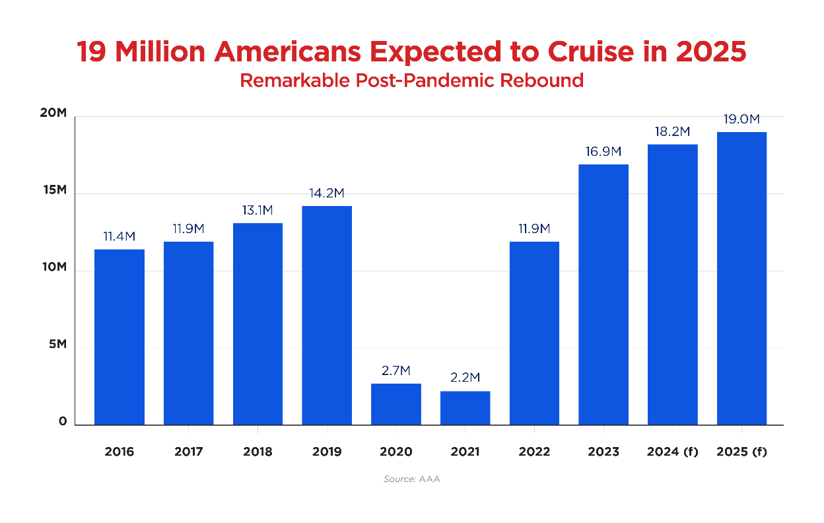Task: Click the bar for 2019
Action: point(327,315)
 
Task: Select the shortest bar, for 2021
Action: point(465,407)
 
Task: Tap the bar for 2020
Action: point(396,403)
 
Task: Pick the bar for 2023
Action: point(603,295)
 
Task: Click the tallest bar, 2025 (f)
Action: point(741,278)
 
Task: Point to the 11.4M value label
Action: point(120,237)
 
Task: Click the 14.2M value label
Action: point(327,193)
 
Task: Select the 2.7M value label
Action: point(396,371)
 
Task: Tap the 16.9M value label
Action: point(603,152)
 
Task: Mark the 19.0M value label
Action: point(741,120)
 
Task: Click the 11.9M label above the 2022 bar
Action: point(534,229)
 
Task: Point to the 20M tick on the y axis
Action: point(53,113)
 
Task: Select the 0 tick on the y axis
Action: point(63,421)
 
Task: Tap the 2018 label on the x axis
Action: point(257,452)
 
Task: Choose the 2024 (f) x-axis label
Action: point(672,452)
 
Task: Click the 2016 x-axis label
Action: point(120,452)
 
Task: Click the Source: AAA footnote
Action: point(411,479)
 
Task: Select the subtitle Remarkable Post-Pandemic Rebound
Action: point(411,81)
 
